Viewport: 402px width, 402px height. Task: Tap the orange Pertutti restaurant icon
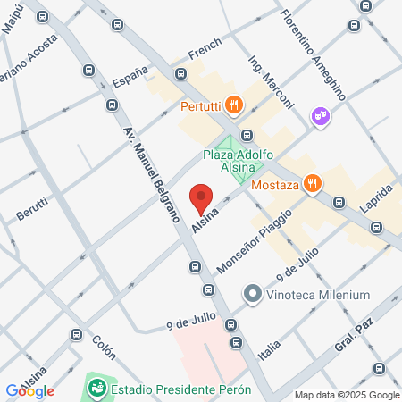[233, 105]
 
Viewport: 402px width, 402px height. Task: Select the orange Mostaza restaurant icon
[312, 185]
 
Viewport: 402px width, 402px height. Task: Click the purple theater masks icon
[319, 115]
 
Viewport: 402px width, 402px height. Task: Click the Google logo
[29, 390]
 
